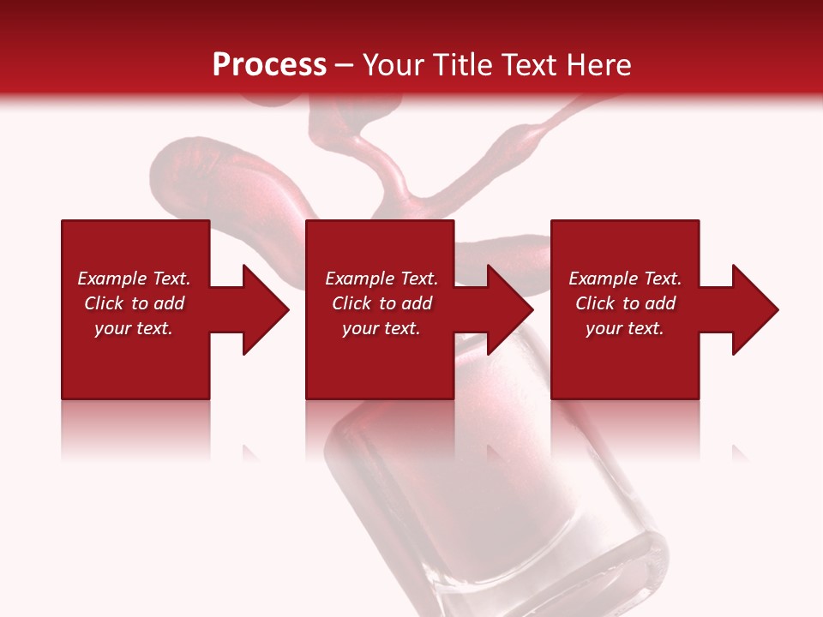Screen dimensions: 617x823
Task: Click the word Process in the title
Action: (x=269, y=65)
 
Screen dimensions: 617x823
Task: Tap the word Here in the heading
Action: (x=598, y=65)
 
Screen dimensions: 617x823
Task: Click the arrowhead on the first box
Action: (x=265, y=309)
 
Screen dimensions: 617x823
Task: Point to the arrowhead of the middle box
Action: (x=509, y=309)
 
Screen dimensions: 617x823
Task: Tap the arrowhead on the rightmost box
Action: (x=754, y=309)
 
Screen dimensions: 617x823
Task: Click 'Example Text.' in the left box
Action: (x=134, y=279)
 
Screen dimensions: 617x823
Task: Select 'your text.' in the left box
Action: (x=134, y=328)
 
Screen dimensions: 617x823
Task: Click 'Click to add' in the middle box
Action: (x=381, y=303)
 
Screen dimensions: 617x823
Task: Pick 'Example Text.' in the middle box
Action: (x=381, y=279)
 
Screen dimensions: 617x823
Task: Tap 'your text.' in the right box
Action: (x=625, y=328)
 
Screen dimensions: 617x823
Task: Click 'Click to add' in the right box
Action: (x=625, y=303)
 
